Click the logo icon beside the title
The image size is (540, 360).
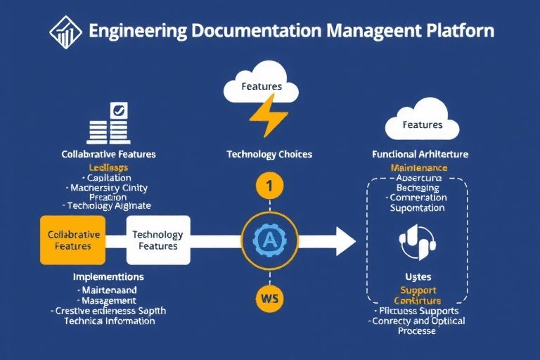click(65, 32)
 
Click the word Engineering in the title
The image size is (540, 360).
click(138, 32)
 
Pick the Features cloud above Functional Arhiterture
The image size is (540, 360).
click(423, 122)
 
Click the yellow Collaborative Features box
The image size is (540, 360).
click(73, 240)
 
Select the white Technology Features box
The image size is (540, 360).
click(157, 240)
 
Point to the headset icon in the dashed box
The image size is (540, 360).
click(418, 240)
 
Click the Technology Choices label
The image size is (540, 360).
click(269, 154)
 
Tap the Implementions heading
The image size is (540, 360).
click(108, 276)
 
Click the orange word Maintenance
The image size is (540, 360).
click(418, 168)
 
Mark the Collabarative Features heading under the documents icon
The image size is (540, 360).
click(108, 154)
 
